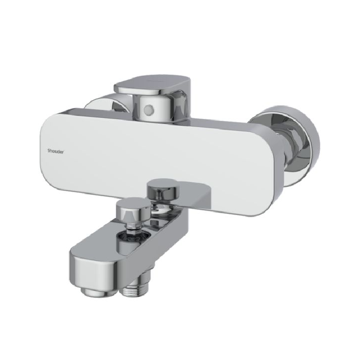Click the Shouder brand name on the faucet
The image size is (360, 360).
55,151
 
